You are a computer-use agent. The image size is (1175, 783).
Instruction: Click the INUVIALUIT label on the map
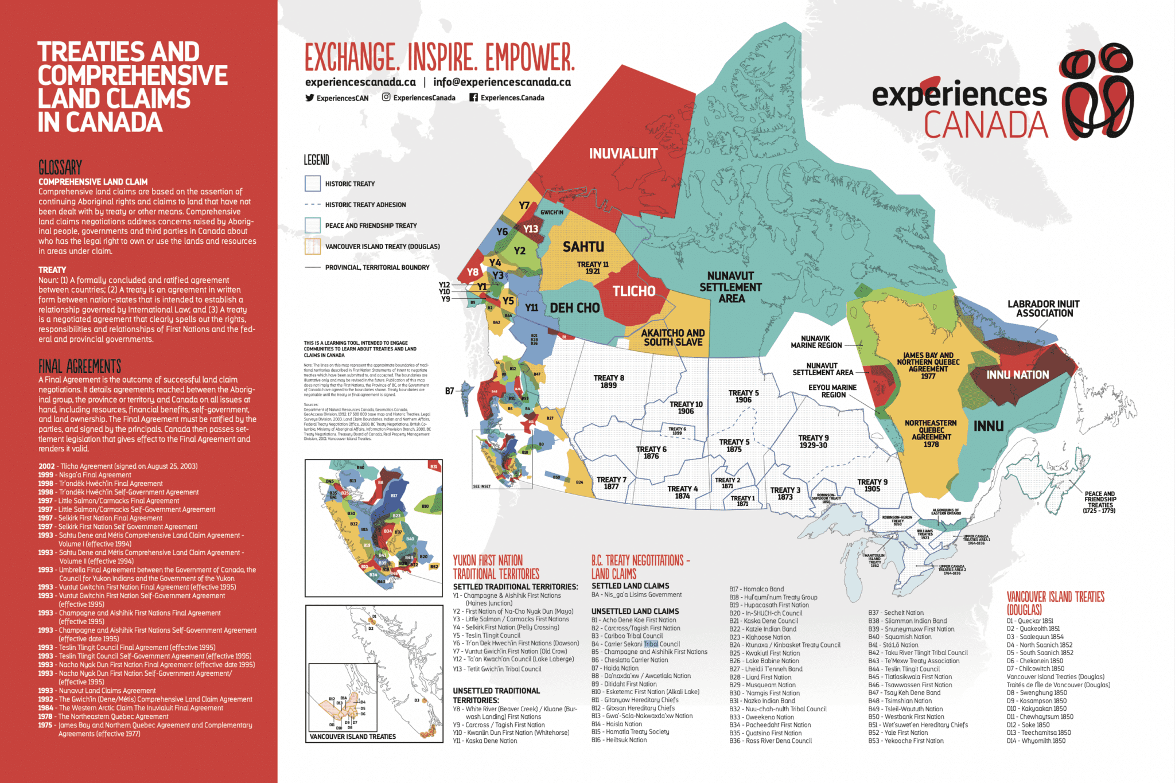pyautogui.click(x=623, y=154)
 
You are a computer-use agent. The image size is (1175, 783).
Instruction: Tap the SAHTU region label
pyautogui.click(x=583, y=247)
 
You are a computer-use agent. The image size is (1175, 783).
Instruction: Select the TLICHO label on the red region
pyautogui.click(x=633, y=291)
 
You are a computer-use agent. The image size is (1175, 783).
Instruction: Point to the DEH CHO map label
pyautogui.click(x=574, y=309)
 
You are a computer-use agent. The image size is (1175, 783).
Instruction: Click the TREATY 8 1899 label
pyautogui.click(x=609, y=381)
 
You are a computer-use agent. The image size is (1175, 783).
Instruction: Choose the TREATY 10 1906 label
pyautogui.click(x=686, y=408)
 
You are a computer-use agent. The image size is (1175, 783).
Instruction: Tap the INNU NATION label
pyautogui.click(x=1017, y=375)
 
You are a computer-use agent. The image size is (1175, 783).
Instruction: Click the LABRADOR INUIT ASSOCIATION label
pyautogui.click(x=1044, y=309)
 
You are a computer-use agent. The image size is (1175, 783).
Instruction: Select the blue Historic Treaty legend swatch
pyautogui.click(x=313, y=184)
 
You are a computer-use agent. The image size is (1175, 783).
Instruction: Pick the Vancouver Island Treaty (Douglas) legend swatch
pyautogui.click(x=313, y=247)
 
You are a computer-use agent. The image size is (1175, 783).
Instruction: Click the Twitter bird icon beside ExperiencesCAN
pyautogui.click(x=310, y=98)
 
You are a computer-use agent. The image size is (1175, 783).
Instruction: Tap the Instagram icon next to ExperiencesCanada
pyautogui.click(x=386, y=98)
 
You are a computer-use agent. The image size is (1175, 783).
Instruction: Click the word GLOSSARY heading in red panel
pyautogui.click(x=60, y=168)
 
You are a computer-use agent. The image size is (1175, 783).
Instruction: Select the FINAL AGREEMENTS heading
pyautogui.click(x=80, y=367)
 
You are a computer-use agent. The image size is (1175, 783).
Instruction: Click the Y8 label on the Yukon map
pyautogui.click(x=472, y=272)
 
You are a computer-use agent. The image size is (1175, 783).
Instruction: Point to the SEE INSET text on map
pyautogui.click(x=481, y=486)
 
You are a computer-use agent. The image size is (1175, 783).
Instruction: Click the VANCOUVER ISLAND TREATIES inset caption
pyautogui.click(x=352, y=737)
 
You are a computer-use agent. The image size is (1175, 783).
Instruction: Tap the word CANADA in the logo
pyautogui.click(x=985, y=125)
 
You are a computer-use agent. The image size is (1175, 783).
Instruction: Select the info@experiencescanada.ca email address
pyautogui.click(x=502, y=82)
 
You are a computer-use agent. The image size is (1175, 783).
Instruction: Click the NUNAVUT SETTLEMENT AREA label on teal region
pyautogui.click(x=730, y=287)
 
